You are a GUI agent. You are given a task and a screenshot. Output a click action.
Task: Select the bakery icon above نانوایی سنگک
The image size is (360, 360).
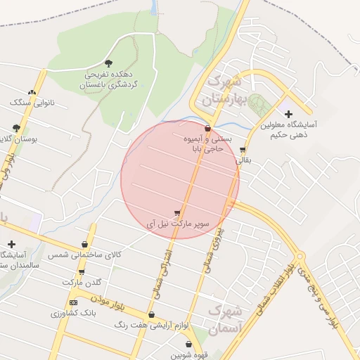tap(32, 92)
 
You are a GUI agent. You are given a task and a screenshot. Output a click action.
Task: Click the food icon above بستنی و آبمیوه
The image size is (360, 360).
tap(207, 128)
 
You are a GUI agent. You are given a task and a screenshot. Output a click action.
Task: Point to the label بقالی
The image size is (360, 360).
tap(242, 160)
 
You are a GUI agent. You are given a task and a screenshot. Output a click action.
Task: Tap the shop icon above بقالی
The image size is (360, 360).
tap(243, 150)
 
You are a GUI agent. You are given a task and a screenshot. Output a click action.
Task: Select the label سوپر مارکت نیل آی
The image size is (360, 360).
tap(178, 224)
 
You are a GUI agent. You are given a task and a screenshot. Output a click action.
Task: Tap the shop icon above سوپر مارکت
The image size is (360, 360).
tap(176, 212)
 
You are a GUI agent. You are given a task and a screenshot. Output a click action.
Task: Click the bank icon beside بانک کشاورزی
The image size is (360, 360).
tap(73, 302)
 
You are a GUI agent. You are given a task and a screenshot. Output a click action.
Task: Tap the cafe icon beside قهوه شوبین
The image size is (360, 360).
tap(188, 345)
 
